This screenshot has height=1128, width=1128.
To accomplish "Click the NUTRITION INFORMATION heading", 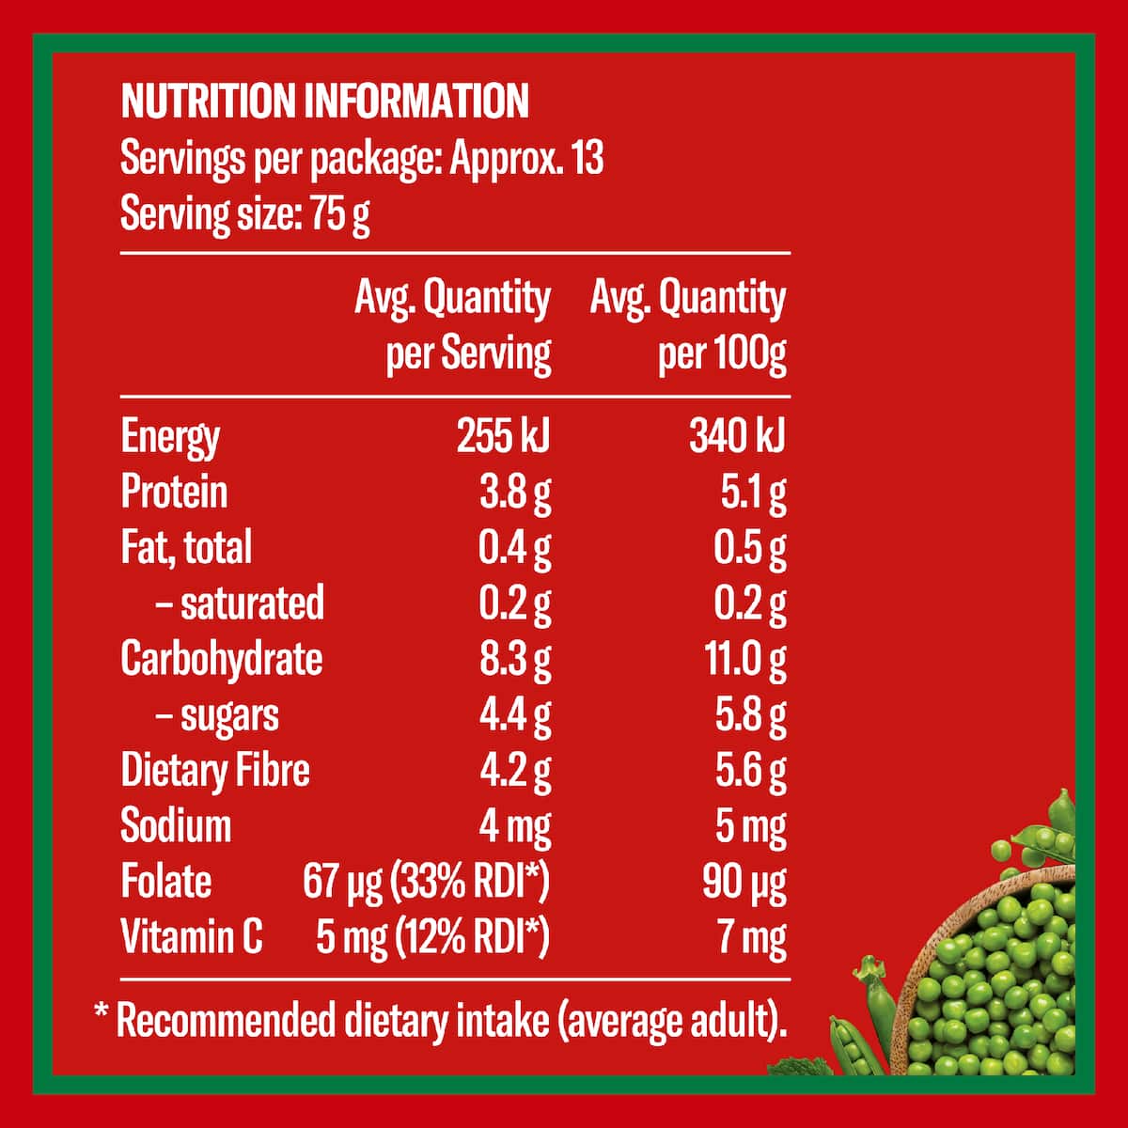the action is pyautogui.click(x=325, y=102).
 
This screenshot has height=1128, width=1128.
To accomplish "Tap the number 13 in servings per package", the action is pyautogui.click(x=587, y=158).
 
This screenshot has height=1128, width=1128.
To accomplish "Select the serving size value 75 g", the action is pyautogui.click(x=340, y=213).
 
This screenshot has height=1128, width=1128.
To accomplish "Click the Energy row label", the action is pyautogui.click(x=170, y=438).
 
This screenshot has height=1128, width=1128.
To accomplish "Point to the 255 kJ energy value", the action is pyautogui.click(x=504, y=437).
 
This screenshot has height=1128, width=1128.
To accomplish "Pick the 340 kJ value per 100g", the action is pyautogui.click(x=737, y=437).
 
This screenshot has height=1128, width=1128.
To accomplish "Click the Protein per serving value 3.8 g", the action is pyautogui.click(x=515, y=494).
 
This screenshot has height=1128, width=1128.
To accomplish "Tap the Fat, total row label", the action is pyautogui.click(x=186, y=548).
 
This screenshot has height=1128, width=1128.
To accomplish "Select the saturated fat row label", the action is pyautogui.click(x=240, y=603).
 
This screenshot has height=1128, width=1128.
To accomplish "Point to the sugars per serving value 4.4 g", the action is pyautogui.click(x=515, y=716).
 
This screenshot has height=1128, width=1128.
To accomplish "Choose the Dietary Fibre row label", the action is pyautogui.click(x=215, y=771).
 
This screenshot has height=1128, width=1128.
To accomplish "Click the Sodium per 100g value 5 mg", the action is pyautogui.click(x=750, y=828).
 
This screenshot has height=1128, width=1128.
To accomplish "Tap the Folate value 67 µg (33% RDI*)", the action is pyautogui.click(x=427, y=882).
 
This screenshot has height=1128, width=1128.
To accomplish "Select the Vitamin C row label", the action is pyautogui.click(x=192, y=937).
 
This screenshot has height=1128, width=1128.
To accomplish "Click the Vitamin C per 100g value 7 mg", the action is pyautogui.click(x=752, y=938).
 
